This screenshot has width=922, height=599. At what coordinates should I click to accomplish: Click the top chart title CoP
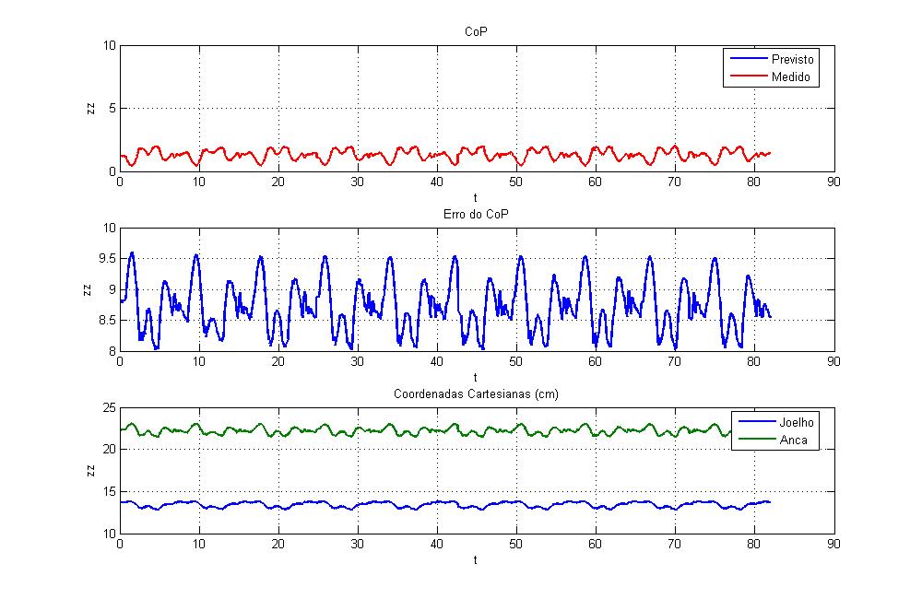[476, 32]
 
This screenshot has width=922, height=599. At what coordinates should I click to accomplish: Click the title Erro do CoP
[476, 215]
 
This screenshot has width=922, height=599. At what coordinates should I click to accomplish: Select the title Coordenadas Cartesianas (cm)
[476, 394]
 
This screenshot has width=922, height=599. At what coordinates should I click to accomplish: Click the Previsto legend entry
[793, 59]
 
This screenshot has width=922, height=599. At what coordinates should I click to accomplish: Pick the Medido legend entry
[790, 77]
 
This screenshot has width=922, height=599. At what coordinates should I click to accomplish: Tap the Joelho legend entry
[793, 422]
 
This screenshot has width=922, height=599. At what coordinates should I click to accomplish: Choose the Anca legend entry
[789, 440]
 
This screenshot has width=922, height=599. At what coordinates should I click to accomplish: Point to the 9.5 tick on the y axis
[106, 260]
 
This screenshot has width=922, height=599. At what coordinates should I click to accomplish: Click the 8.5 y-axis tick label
[106, 321]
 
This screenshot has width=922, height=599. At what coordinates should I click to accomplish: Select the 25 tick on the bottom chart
[108, 407]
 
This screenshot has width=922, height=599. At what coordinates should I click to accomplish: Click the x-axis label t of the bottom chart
[476, 559]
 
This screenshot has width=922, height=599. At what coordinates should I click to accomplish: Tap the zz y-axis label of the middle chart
[90, 289]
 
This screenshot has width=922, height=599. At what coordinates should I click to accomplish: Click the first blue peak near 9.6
[132, 253]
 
